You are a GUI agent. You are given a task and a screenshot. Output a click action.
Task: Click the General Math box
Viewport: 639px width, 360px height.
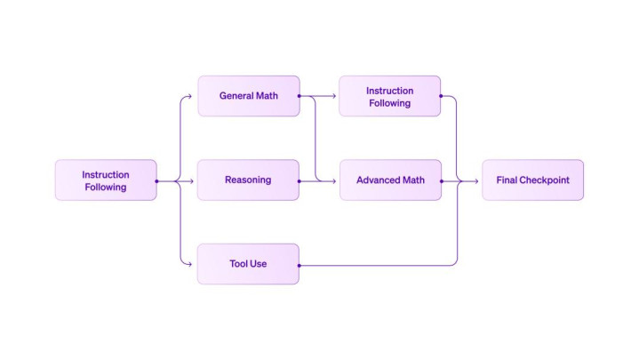click(248, 96)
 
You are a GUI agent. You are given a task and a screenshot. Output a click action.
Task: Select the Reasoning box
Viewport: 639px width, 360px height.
click(248, 180)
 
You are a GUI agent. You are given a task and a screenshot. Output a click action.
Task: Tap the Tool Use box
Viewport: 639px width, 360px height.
click(248, 264)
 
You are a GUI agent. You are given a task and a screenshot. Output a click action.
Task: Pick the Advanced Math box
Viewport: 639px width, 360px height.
click(390, 180)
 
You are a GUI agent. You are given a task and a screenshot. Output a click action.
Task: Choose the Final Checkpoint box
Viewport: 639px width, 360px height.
click(532, 180)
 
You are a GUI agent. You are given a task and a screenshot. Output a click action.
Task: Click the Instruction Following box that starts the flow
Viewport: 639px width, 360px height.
click(106, 180)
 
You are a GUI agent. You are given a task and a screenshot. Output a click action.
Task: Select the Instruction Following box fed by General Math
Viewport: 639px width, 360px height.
click(390, 96)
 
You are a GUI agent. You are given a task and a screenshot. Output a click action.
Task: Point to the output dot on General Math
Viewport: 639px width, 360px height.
click(300, 96)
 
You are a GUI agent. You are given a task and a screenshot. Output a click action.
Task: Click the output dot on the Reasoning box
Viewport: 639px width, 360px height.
click(300, 180)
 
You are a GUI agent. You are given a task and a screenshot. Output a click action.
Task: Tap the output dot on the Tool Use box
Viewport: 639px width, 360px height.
click(300, 265)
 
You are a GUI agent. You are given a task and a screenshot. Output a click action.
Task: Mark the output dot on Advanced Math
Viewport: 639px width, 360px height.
click(442, 180)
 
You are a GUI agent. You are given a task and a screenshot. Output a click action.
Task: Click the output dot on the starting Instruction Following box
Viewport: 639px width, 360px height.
click(157, 180)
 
